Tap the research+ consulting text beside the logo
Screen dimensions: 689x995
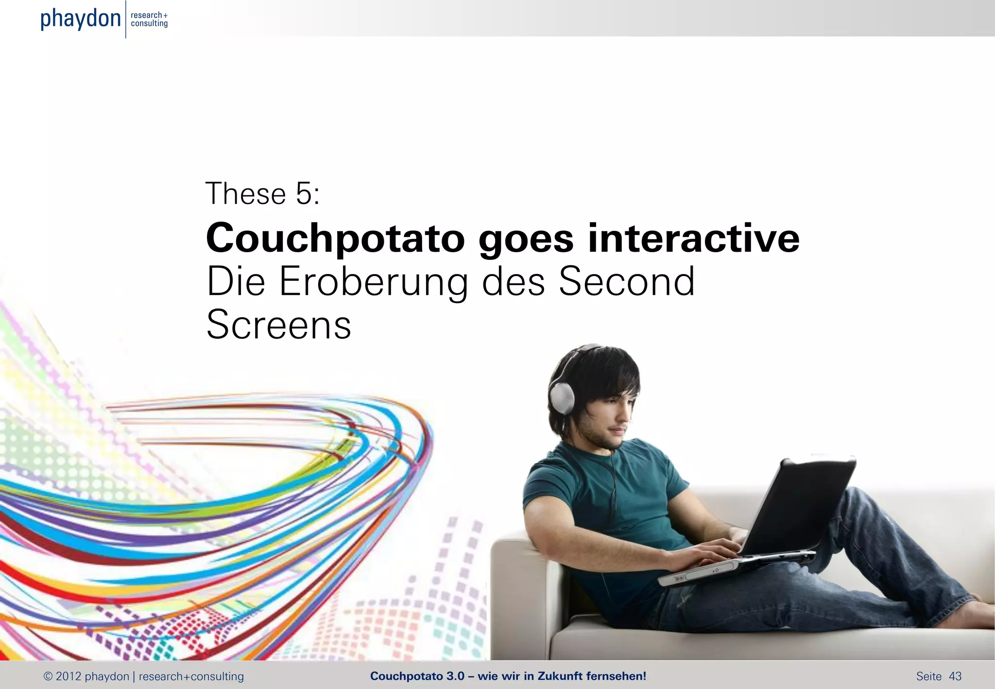149,19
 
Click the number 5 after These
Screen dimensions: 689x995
304,193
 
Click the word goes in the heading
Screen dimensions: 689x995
526,240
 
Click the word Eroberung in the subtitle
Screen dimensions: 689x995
374,282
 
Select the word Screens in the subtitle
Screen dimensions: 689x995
278,325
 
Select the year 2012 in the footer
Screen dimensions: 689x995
68,676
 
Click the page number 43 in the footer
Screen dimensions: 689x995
955,676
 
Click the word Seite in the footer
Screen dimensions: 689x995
928,676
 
